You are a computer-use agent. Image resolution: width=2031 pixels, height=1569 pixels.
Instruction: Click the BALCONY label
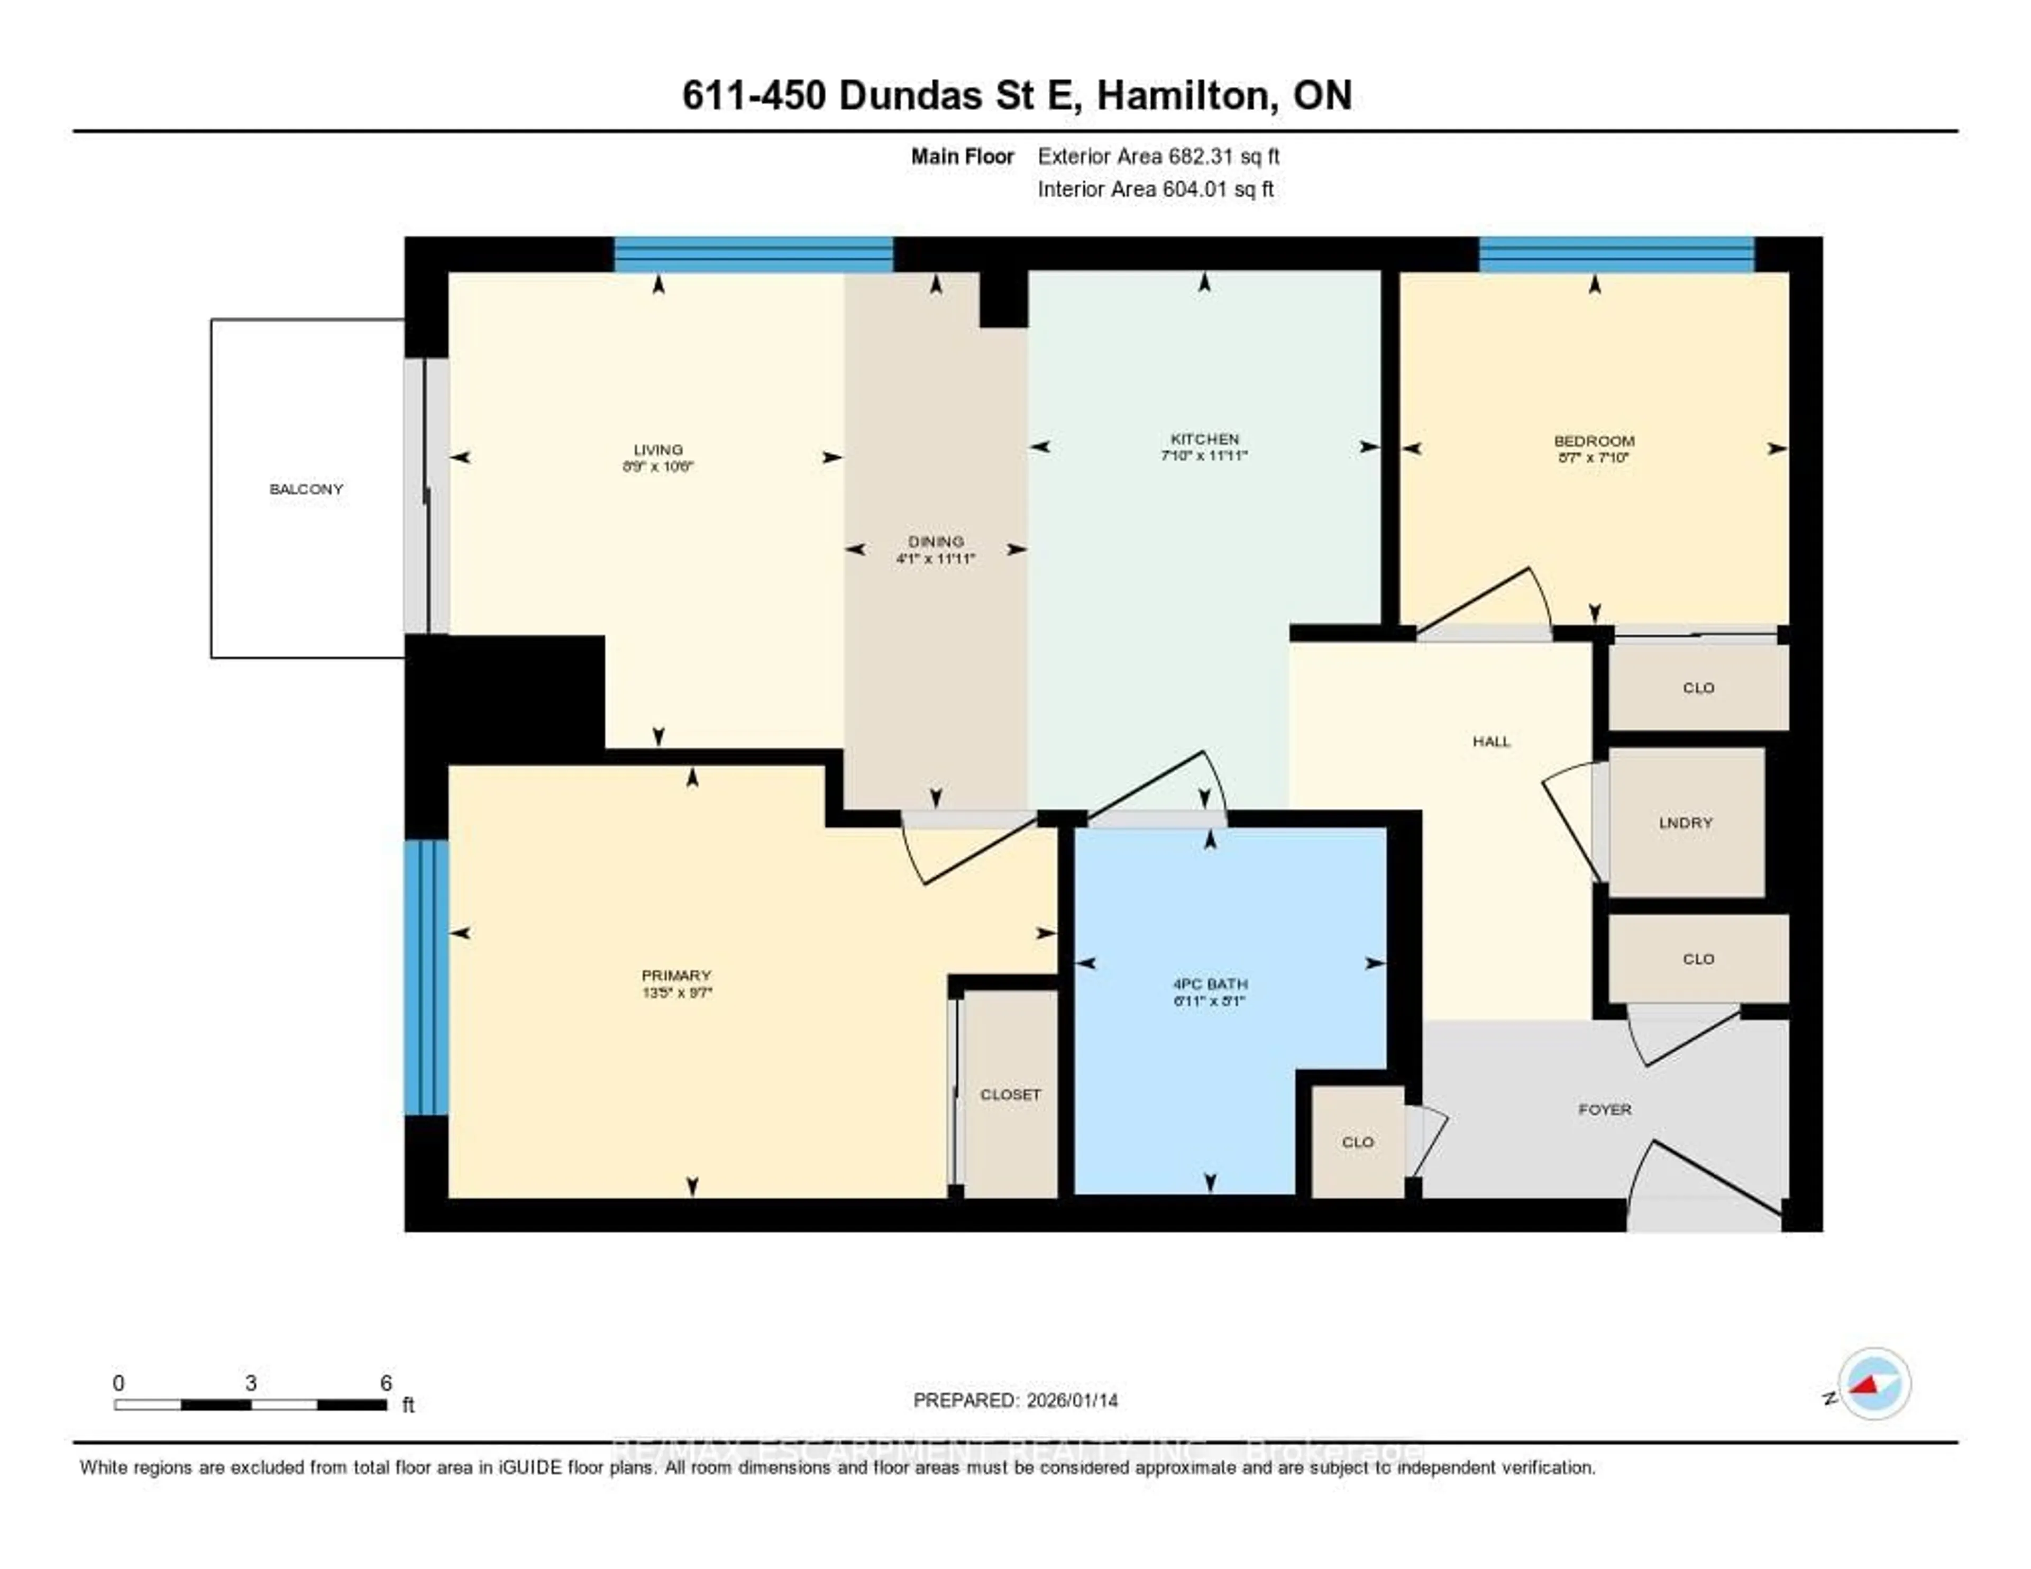click(306, 489)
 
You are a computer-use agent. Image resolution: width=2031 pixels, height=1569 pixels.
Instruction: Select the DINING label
click(936, 541)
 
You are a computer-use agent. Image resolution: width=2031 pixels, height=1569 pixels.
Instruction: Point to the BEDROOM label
click(1594, 441)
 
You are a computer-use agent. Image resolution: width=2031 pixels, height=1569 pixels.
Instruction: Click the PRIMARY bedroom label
click(676, 975)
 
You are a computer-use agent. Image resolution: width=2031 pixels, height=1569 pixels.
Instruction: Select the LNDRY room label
click(1685, 822)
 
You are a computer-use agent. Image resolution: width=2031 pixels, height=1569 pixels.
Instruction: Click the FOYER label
click(1604, 1109)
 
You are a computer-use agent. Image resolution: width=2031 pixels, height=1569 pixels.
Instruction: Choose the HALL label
click(1490, 741)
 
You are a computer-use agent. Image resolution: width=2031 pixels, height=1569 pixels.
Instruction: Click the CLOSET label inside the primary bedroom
click(1010, 1094)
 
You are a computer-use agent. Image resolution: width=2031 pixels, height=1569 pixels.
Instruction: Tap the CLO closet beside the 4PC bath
click(1358, 1142)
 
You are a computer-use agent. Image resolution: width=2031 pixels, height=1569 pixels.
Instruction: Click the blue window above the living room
click(753, 254)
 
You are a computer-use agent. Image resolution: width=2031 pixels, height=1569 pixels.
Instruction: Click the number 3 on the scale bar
click(251, 1383)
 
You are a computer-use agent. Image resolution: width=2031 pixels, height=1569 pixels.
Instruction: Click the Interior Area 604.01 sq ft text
click(1155, 190)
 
